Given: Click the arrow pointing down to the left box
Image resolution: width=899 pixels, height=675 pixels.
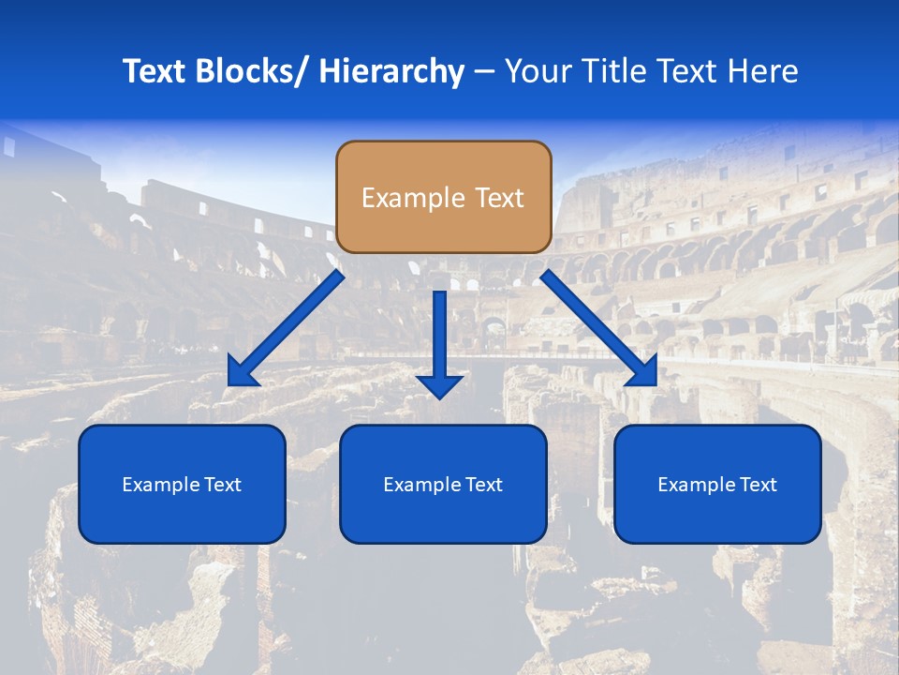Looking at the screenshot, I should point(286,328).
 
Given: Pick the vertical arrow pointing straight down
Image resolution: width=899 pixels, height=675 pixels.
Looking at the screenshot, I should point(439,342).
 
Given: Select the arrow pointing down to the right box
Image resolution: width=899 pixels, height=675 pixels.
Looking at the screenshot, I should point(599,328).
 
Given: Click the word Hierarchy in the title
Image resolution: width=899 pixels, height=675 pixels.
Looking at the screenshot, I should point(391,71).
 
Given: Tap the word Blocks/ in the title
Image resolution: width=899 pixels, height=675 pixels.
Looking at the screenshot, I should point(248,71).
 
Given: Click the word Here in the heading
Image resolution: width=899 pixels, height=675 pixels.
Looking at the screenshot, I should point(762,71).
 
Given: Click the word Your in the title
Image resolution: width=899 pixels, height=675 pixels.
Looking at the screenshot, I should point(537,71).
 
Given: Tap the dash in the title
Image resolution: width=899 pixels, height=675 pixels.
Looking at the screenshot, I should point(484,72).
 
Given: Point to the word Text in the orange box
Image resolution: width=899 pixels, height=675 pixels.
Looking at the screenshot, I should point(498,198).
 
